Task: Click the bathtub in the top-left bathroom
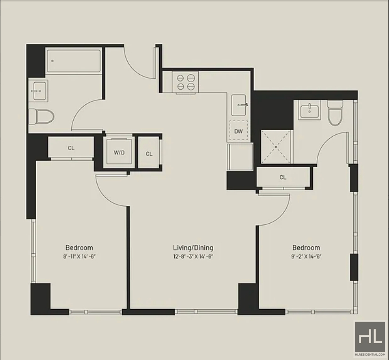(74, 61)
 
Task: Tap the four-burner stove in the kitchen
(186, 82)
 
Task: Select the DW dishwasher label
(238, 131)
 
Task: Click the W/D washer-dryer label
(119, 153)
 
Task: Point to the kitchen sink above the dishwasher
(239, 105)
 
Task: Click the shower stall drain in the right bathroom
(276, 147)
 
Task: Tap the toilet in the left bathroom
(41, 117)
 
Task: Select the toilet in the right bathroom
(335, 113)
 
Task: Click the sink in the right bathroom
(309, 110)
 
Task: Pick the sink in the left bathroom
(38, 91)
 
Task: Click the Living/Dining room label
(193, 248)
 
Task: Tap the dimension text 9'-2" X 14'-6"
(306, 257)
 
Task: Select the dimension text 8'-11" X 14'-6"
(79, 257)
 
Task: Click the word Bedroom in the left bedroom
(79, 248)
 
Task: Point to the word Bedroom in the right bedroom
(306, 248)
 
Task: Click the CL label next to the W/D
(149, 154)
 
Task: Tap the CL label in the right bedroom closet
(283, 177)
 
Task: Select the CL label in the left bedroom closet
(71, 148)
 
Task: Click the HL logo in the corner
(370, 337)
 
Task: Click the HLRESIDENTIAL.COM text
(370, 355)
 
